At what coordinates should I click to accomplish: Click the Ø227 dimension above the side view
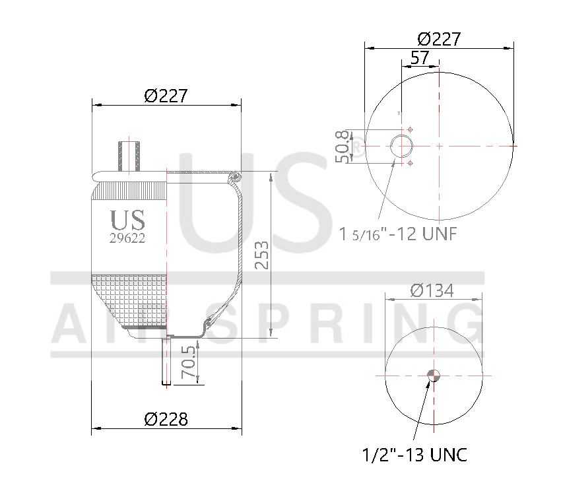click(x=166, y=96)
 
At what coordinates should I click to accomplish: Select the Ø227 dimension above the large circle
click(x=439, y=39)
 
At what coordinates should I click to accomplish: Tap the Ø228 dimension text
click(x=166, y=418)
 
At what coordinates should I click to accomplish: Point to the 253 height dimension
click(x=262, y=255)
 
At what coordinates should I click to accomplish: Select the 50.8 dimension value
click(x=342, y=146)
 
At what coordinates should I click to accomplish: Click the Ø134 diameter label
click(x=432, y=290)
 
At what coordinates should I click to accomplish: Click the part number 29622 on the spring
click(x=127, y=239)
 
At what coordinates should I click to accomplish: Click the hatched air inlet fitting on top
click(x=129, y=156)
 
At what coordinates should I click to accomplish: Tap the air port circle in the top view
click(x=401, y=146)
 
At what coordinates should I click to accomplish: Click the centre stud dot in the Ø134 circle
click(x=434, y=376)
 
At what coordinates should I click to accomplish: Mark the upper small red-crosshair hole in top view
click(x=411, y=129)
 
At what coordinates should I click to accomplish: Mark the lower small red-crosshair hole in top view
click(x=411, y=162)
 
